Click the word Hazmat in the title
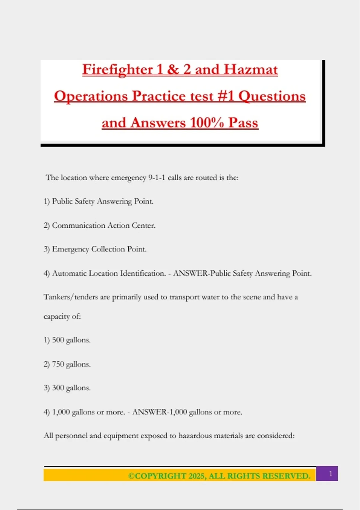point(250,70)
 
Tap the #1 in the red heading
point(226,96)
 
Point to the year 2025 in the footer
point(197,476)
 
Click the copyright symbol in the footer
point(131,476)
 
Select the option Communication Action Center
point(103,225)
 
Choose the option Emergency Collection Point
point(99,249)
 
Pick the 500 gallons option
point(71,340)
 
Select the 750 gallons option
point(71,364)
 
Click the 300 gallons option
point(71,388)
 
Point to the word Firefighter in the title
point(118,70)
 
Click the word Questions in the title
point(272,96)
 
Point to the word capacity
point(56,316)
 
